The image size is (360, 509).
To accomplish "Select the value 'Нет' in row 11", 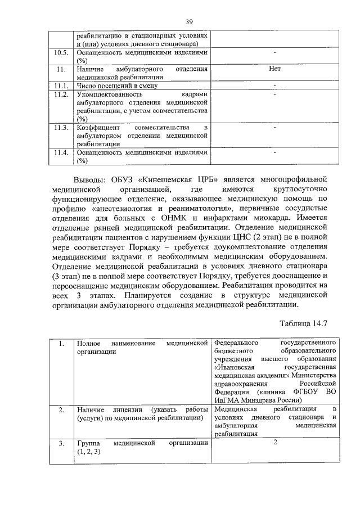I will [x=274, y=69].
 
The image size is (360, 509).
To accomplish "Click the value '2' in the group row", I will [x=275, y=442].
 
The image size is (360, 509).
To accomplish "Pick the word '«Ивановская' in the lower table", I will [x=236, y=367].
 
